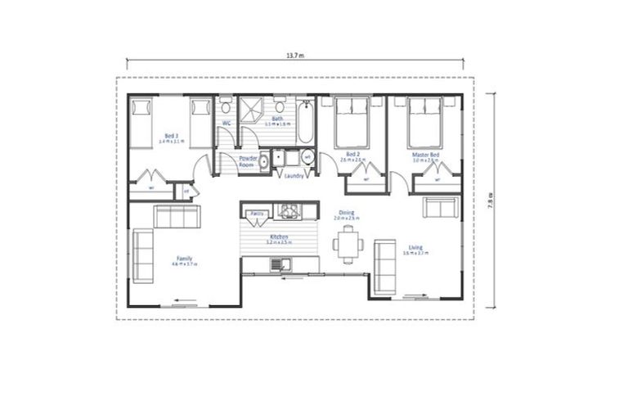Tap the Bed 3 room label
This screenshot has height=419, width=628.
171,136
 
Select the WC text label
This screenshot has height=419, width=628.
227,124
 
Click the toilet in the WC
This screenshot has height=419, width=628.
226,106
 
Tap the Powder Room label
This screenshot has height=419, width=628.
248,161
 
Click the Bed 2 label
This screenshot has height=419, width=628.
352,155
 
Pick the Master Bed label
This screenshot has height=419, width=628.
425,155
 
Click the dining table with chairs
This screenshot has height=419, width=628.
347,245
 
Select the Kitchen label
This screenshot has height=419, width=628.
279,238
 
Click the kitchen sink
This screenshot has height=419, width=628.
280,264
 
